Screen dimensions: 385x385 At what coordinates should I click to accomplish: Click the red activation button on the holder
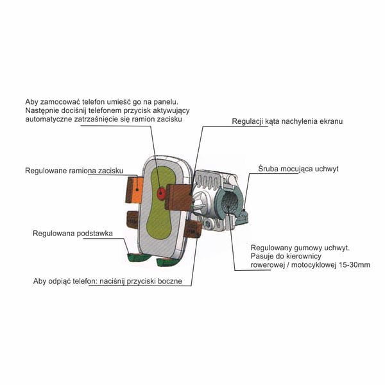point(161,193)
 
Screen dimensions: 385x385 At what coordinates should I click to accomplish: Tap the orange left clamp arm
point(135,191)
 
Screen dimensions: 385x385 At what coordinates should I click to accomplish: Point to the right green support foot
point(168,261)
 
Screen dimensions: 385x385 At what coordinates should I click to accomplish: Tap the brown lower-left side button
point(132,219)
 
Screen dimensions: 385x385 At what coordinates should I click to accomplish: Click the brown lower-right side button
point(191,229)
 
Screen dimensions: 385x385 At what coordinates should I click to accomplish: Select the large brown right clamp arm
point(178,198)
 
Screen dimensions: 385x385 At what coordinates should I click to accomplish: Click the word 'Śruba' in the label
point(270,169)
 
